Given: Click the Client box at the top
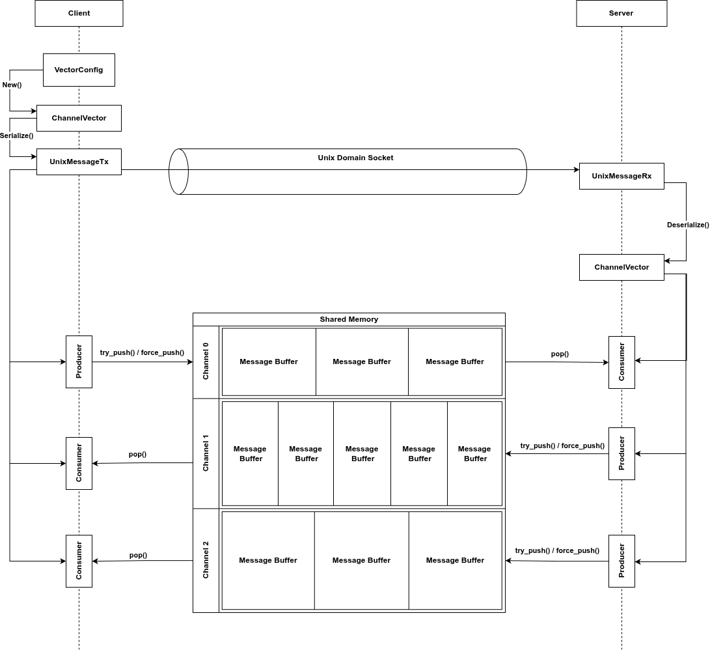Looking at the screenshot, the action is pos(79,13).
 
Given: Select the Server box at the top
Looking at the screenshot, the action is pos(621,13).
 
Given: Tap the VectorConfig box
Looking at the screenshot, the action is pos(79,70).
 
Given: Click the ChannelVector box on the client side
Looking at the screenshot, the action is pos(79,119).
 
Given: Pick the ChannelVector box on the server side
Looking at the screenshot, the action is pos(621,267).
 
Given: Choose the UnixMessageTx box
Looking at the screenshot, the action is pos(79,162).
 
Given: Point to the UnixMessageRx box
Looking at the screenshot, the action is pos(621,177).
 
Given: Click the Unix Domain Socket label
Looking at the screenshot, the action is pos(355,158).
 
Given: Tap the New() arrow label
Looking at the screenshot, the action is pos(12,85).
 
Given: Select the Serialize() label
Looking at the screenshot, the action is pos(16,135).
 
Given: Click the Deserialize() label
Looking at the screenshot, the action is pos(688,225).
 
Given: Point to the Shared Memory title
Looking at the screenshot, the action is pos(349,319).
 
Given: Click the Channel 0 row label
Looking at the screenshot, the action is pos(206,361).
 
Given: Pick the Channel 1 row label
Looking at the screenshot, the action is pos(206,453).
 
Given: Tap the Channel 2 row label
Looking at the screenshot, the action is pos(206,560).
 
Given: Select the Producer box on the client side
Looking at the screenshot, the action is pos(79,361).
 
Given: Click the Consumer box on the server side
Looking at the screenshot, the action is pos(621,362).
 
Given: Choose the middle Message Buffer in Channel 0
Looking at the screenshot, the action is pos(362,361).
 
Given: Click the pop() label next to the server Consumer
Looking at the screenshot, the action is pos(560,354).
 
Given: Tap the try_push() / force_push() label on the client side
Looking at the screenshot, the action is pos(142,352).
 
